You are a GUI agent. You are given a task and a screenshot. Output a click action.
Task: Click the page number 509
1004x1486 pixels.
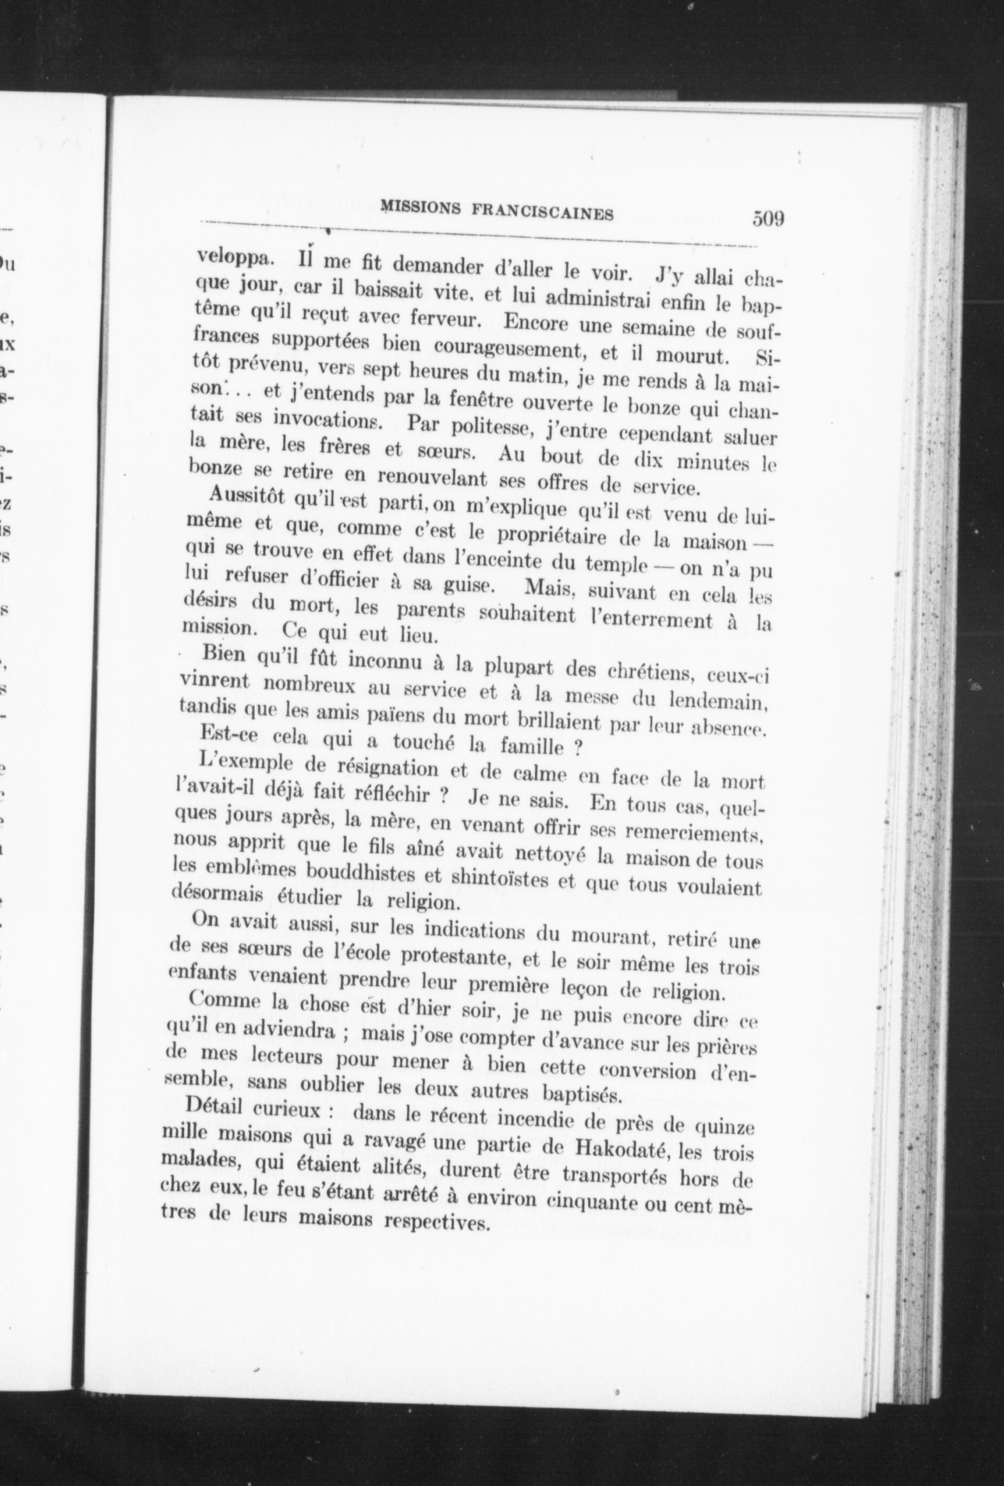[768, 219]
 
